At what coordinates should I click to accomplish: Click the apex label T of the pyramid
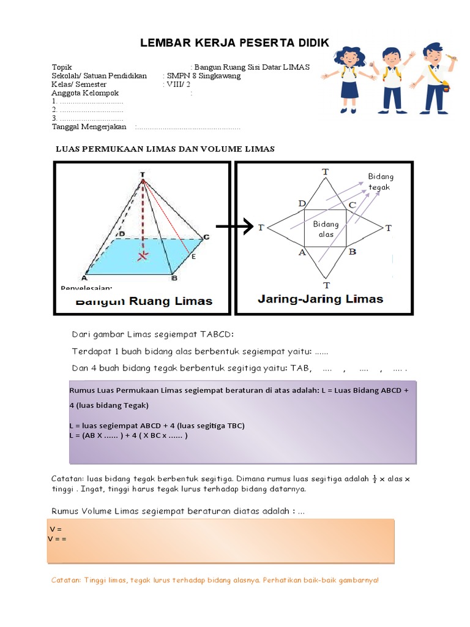(x=143, y=175)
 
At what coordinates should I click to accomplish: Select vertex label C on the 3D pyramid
(x=206, y=238)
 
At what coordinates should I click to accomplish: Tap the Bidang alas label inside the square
(x=326, y=230)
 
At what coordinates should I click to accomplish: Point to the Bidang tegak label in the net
(x=379, y=182)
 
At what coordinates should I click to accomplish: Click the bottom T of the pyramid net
(x=326, y=285)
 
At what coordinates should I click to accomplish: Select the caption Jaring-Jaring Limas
(x=321, y=299)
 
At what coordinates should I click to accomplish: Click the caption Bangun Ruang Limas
(x=144, y=301)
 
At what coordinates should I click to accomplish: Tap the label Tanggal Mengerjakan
(x=89, y=127)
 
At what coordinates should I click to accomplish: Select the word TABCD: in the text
(x=214, y=334)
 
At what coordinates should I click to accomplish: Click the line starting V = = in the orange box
(x=57, y=538)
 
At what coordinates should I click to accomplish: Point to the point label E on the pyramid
(x=193, y=256)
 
